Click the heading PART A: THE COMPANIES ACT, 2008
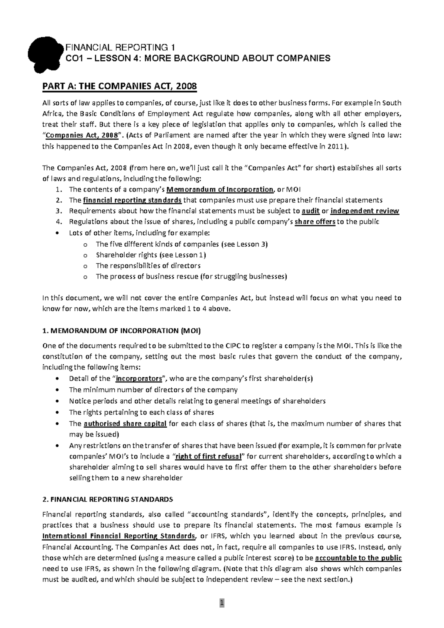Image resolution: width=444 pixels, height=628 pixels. (x=120, y=87)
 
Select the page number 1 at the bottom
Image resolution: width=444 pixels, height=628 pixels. (x=222, y=603)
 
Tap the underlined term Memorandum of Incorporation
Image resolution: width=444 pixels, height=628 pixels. (x=220, y=190)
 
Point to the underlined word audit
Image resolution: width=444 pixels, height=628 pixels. (x=311, y=211)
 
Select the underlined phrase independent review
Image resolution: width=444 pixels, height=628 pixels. (x=364, y=211)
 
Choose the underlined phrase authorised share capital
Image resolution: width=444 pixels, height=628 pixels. (x=125, y=424)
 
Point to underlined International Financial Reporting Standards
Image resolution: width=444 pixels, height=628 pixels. (x=119, y=536)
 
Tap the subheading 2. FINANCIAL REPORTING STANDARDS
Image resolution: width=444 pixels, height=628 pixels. (x=108, y=499)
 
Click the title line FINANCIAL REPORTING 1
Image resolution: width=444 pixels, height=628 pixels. (x=120, y=47)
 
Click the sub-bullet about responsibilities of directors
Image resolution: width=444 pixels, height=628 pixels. (x=148, y=265)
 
